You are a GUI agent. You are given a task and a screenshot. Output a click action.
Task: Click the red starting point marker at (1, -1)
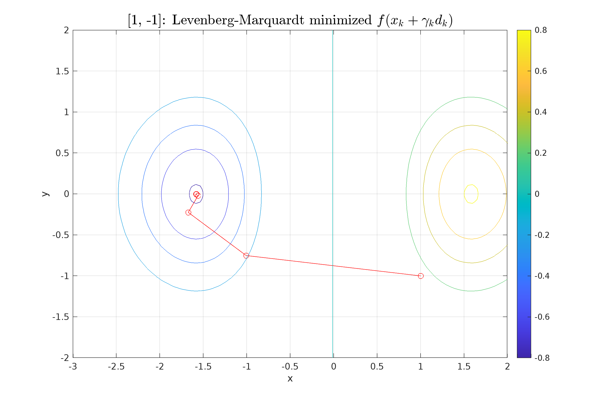pos(421,276)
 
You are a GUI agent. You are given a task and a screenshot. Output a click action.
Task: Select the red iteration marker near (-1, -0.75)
pos(246,256)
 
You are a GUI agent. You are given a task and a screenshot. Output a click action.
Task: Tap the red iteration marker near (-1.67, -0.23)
pos(188,213)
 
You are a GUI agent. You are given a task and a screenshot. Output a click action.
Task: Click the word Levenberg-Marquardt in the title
pos(238,20)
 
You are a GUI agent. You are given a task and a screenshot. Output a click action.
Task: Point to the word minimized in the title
pos(341,20)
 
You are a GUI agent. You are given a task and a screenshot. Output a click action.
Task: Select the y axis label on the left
pos(45,194)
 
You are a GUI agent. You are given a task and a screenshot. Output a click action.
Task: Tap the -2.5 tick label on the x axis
pos(116,367)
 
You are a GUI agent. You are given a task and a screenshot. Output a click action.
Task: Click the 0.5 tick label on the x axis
pos(377,367)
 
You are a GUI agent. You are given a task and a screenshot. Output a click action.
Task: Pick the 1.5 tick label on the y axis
pos(62,71)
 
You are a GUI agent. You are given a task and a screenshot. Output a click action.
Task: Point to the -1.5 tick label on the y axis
pos(61,317)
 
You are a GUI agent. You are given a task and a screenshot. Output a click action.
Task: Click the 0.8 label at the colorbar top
pos(541,30)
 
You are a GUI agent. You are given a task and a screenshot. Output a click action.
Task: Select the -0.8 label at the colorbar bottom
pos(542,358)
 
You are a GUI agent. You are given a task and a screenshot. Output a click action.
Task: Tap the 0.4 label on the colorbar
pos(541,112)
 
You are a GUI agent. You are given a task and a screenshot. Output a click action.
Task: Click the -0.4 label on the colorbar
pos(542,276)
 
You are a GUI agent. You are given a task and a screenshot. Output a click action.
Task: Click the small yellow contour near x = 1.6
pos(471,185)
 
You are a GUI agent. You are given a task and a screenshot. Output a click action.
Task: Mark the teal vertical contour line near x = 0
pos(333,128)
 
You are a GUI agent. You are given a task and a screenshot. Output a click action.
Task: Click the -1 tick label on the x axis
pos(246,367)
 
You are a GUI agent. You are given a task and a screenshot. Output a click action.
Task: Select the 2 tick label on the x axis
pos(507,367)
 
